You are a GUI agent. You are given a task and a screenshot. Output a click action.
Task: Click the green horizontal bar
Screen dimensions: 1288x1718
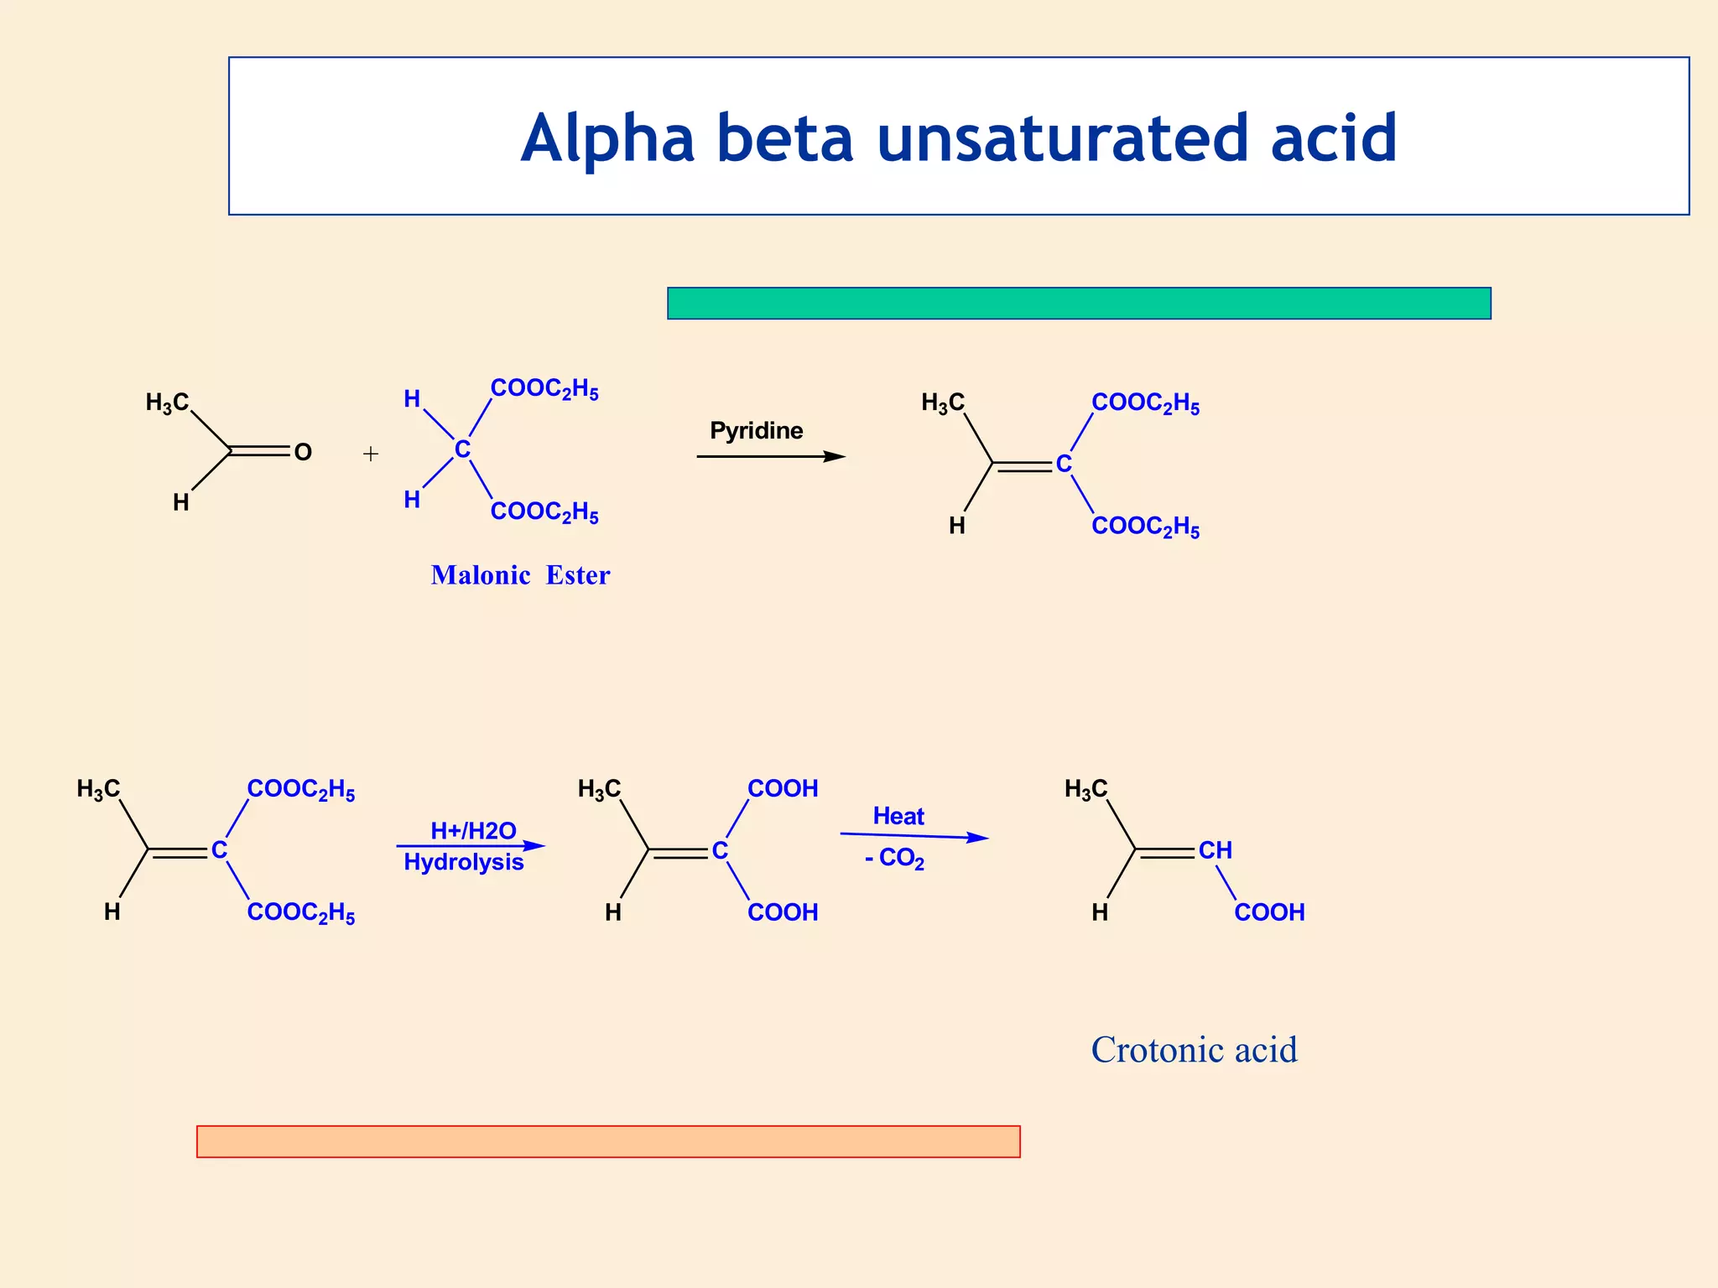(x=1079, y=303)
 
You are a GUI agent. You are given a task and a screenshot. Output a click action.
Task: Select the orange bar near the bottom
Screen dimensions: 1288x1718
(x=608, y=1141)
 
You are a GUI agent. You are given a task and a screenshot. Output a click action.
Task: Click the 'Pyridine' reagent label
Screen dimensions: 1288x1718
(x=756, y=431)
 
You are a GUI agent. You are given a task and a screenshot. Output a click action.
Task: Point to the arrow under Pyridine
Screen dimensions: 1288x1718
(x=770, y=456)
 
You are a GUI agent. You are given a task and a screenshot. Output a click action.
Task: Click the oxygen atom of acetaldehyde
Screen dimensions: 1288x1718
(x=303, y=453)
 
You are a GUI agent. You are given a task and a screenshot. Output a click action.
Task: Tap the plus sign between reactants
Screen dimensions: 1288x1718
(x=371, y=454)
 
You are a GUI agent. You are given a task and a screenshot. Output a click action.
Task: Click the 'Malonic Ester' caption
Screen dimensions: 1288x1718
(x=520, y=575)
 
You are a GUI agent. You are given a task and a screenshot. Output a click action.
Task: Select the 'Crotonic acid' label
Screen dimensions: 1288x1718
(x=1194, y=1050)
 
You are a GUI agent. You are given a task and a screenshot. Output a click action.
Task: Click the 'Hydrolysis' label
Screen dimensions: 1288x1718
(x=463, y=862)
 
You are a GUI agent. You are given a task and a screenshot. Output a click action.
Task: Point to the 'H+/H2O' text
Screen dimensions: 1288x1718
(x=473, y=831)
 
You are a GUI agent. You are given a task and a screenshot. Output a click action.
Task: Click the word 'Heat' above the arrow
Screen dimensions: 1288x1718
(x=898, y=816)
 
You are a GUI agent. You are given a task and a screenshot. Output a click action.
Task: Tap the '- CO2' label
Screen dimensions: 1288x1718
(x=894, y=859)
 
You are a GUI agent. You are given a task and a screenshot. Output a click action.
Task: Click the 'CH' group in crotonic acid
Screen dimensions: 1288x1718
(x=1215, y=850)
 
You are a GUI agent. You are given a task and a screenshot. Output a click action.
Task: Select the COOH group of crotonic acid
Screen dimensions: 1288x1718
(x=1269, y=912)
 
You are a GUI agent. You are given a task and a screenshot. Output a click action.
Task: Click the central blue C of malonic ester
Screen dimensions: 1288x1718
(x=462, y=450)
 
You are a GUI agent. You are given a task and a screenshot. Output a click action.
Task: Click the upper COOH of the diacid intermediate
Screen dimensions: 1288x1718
(x=783, y=789)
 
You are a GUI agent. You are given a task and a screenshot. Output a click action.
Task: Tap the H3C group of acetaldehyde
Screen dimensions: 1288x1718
(x=167, y=403)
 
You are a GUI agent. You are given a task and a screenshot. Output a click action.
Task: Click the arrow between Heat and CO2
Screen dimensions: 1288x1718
(x=914, y=836)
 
